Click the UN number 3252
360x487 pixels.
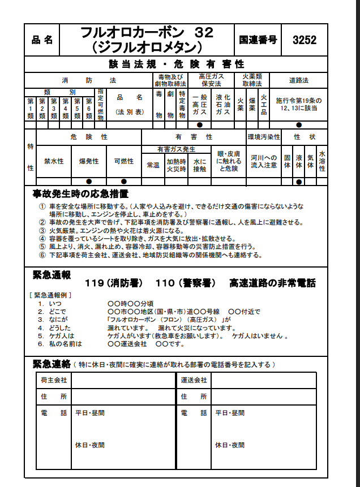(305, 40)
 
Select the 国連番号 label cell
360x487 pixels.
(258, 40)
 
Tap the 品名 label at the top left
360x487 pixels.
(42, 40)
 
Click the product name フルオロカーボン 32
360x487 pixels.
(147, 33)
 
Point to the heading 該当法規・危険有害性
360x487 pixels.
(176, 63)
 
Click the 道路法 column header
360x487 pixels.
(298, 80)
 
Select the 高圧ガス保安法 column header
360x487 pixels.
(211, 80)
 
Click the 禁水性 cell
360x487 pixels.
(54, 161)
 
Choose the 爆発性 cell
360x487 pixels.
(89, 161)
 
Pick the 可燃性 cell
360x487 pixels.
(123, 161)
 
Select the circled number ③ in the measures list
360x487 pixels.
(42, 231)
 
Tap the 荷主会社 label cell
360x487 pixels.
(54, 380)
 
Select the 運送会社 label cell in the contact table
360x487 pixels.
(194, 380)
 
